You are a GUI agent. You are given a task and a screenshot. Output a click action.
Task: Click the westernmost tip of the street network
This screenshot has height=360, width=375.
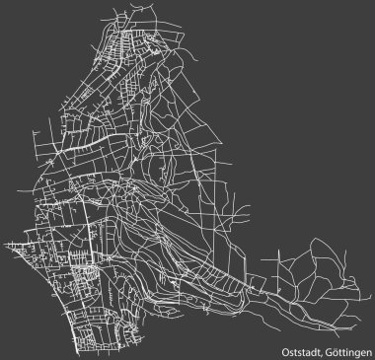pyautogui.click(x=5, y=241)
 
